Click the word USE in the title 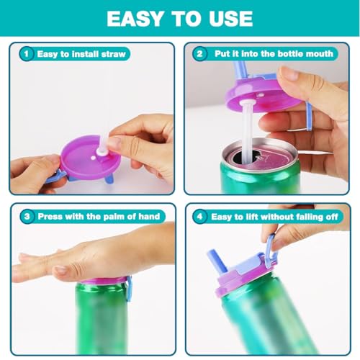point(230,19)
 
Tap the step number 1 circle point(27,53)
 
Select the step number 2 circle point(199,53)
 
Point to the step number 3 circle point(27,217)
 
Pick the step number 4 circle point(199,217)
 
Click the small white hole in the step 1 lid point(93,158)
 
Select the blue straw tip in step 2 point(240,70)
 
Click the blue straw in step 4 point(217,261)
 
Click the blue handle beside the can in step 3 point(129,289)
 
